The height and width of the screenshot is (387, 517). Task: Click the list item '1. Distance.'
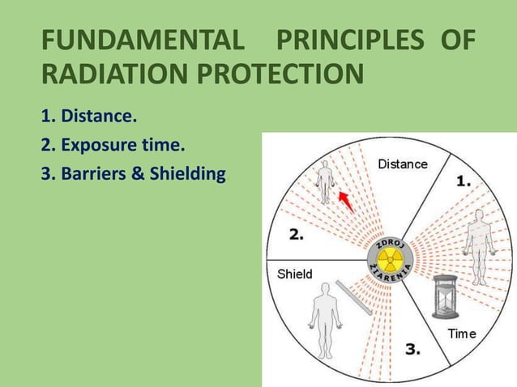pos(88,117)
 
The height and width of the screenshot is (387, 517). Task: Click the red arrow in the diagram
pos(346,199)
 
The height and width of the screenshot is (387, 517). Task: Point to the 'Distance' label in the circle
pos(403,164)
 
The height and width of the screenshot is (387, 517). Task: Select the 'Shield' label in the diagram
pos(295,274)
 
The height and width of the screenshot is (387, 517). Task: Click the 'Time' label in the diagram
pos(462,334)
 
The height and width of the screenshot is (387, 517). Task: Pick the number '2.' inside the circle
pos(297,235)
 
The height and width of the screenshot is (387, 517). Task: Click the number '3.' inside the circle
pos(412,350)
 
